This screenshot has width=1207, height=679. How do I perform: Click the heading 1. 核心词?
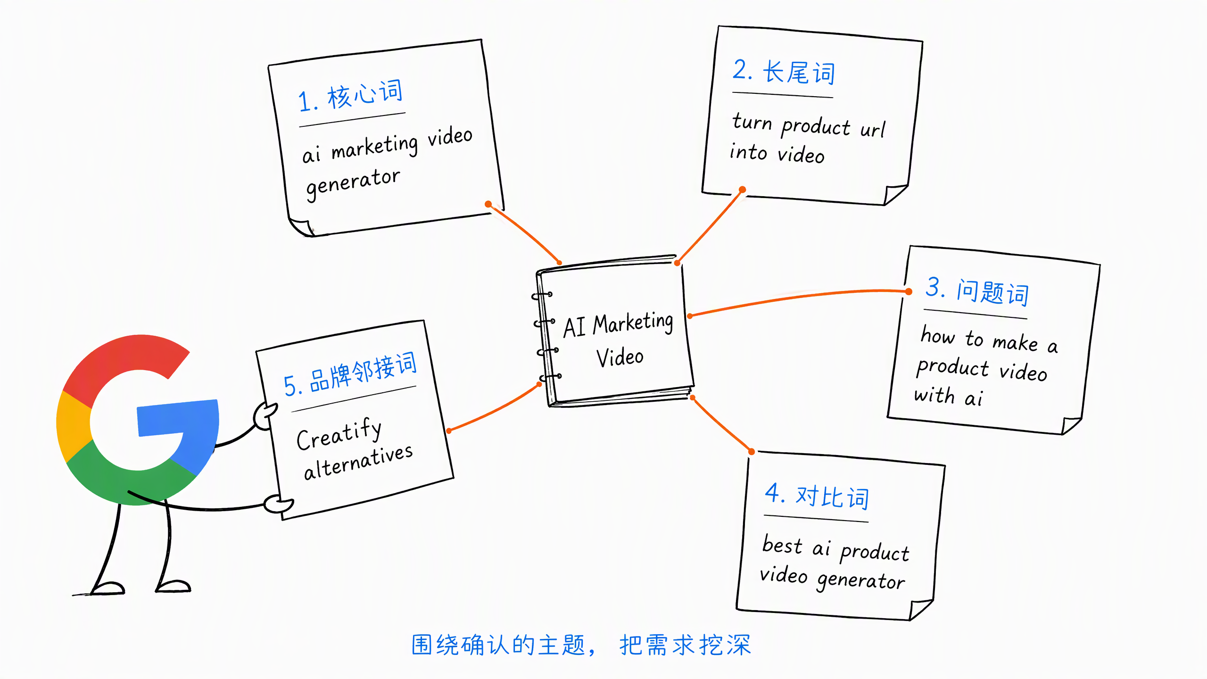[351, 96]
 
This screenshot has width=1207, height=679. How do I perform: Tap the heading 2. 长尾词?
[784, 72]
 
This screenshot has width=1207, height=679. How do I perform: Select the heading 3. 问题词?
[977, 291]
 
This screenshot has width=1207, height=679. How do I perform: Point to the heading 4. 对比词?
[817, 496]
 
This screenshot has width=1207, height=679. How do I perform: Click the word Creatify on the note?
[339, 434]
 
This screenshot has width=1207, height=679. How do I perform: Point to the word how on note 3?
[938, 335]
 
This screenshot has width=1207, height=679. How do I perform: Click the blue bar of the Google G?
[178, 418]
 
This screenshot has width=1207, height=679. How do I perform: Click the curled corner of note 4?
[920, 609]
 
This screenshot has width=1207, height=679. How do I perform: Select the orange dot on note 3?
[909, 292]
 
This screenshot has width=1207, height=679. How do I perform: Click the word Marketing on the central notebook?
[633, 323]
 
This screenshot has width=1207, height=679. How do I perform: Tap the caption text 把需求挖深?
[685, 645]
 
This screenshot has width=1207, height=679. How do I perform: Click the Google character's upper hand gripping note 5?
[265, 415]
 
